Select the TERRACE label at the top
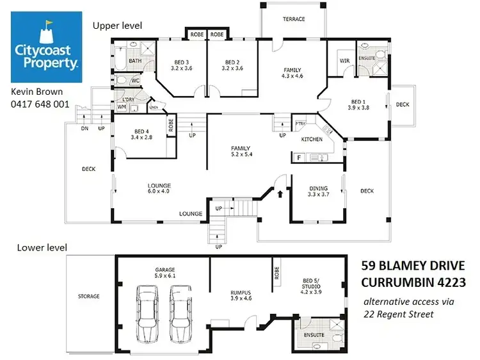[x=293, y=19]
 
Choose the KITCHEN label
[x=312, y=139]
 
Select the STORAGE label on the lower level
[x=89, y=297]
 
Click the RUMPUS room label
[x=240, y=295]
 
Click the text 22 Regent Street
[x=397, y=314]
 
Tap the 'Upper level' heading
[x=117, y=26]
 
